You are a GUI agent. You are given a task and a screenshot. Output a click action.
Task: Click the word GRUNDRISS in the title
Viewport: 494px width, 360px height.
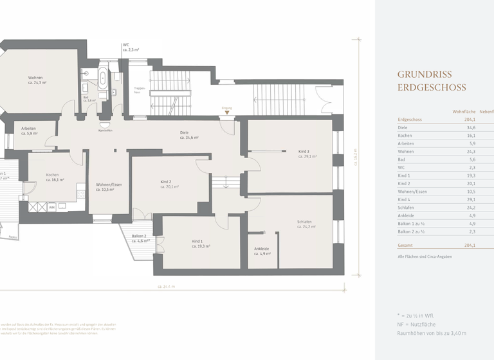click(x=424, y=75)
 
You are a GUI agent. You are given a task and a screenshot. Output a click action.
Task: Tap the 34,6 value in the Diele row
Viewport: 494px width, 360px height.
click(x=470, y=127)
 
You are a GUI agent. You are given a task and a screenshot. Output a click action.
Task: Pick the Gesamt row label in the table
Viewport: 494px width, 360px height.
click(x=407, y=245)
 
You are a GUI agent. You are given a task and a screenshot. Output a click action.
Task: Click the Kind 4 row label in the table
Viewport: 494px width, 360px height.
click(x=404, y=199)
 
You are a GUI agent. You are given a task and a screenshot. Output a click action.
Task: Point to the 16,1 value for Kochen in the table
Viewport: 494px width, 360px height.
click(x=470, y=136)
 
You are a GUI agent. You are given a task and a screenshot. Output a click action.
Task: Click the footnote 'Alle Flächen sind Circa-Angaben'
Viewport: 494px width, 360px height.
click(x=425, y=256)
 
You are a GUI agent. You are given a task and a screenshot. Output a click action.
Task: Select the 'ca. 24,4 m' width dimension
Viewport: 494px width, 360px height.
click(x=166, y=286)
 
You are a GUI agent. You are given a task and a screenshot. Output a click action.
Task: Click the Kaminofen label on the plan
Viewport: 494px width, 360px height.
click(x=105, y=130)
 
